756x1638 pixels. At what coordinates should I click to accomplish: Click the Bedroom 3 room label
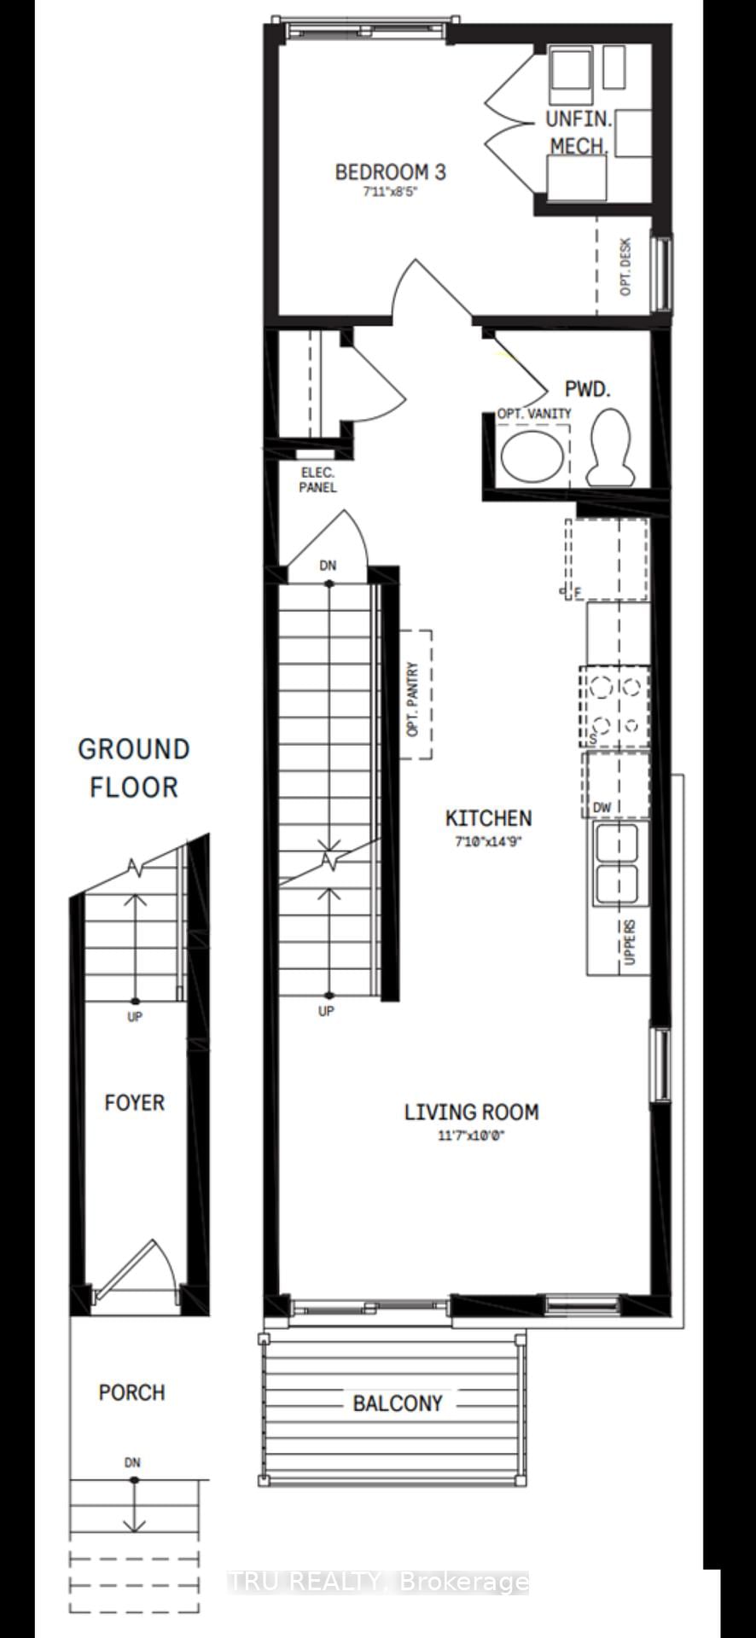(x=390, y=172)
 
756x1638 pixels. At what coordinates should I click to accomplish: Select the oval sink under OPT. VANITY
(x=531, y=454)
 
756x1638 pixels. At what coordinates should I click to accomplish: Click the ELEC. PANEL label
(x=317, y=480)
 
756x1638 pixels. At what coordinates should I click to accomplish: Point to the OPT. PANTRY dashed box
(x=416, y=694)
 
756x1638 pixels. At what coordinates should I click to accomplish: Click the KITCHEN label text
(x=488, y=818)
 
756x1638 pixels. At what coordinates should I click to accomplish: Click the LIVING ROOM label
(x=471, y=1112)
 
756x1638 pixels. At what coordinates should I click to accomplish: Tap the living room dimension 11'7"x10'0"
(x=471, y=1136)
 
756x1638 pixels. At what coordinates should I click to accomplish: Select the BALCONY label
(x=398, y=1403)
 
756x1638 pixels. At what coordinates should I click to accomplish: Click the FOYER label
(x=134, y=1103)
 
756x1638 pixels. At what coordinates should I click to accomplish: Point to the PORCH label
(x=131, y=1393)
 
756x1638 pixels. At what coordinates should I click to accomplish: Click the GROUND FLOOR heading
(x=134, y=768)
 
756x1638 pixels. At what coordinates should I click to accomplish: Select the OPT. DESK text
(x=625, y=267)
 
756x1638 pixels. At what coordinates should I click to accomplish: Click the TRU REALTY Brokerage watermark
(x=378, y=1583)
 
